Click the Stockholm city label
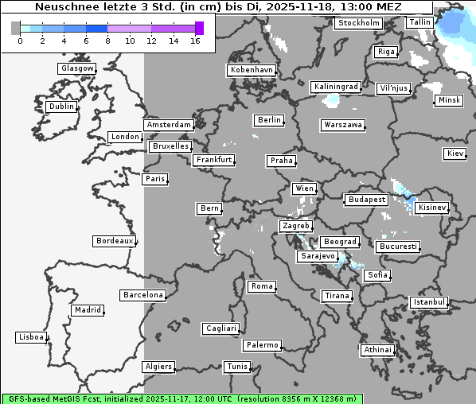(x=358, y=23)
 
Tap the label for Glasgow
(x=77, y=68)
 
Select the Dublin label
(x=61, y=107)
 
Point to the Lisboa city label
(x=32, y=337)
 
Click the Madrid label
(x=88, y=310)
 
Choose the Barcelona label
(x=143, y=295)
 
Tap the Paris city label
(x=155, y=179)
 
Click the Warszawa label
(x=343, y=125)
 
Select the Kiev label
(x=455, y=153)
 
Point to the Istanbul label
(x=429, y=303)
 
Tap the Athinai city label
(x=377, y=350)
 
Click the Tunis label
(x=237, y=367)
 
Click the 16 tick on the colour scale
(x=195, y=41)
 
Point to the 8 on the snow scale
(x=107, y=41)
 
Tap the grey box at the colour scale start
(x=16, y=28)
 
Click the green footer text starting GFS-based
(x=181, y=398)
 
